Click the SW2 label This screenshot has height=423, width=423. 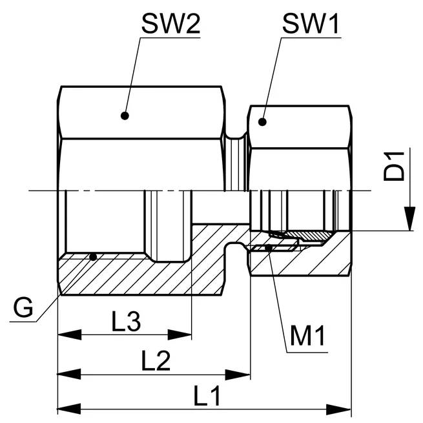[x=170, y=24]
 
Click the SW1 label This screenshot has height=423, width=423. [x=311, y=24]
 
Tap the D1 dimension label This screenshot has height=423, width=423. [x=394, y=166]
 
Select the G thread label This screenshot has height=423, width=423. [x=23, y=307]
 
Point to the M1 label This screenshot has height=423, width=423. [x=307, y=335]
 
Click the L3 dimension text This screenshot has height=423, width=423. [x=126, y=321]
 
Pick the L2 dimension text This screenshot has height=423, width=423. [x=156, y=360]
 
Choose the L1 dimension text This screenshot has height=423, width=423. [x=207, y=396]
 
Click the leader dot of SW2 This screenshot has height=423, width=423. [x=125, y=116]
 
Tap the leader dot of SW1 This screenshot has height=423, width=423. [x=262, y=122]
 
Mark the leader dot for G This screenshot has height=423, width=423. [x=93, y=257]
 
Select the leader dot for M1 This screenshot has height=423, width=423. [x=269, y=247]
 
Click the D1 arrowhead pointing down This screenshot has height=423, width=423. [x=409, y=218]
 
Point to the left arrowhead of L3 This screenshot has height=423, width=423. [x=70, y=335]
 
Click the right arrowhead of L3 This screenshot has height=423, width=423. [x=180, y=335]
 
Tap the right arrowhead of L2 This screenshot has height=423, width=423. [x=238, y=375]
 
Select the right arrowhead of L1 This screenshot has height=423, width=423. [x=339, y=409]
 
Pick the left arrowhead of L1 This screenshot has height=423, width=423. [x=70, y=409]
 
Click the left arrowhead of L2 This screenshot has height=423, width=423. [x=70, y=375]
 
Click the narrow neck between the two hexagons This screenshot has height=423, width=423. [x=236, y=164]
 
